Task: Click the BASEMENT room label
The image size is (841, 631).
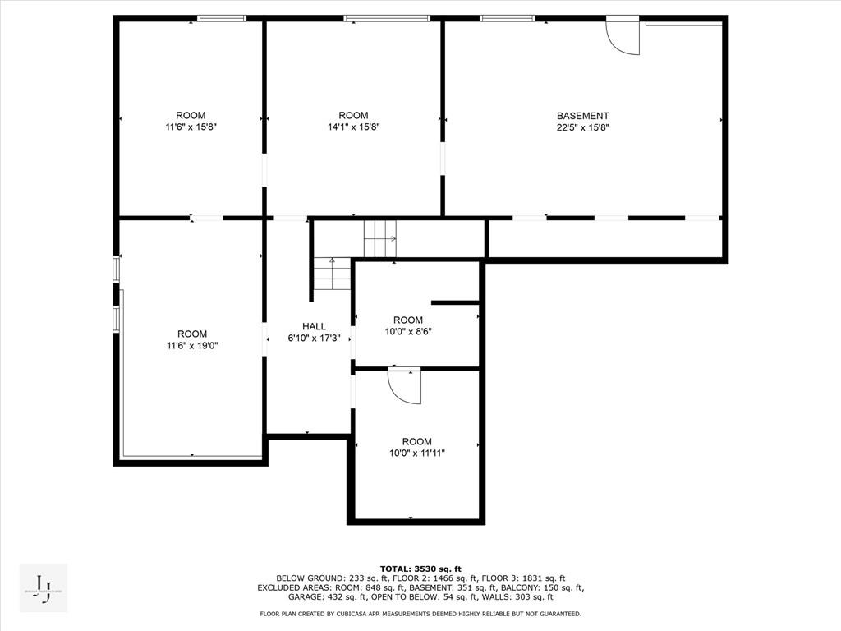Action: [x=582, y=116]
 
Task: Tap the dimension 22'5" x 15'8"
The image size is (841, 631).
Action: [x=582, y=127]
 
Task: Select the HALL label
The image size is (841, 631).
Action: [x=314, y=326]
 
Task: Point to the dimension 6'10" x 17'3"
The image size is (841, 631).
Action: [x=314, y=338]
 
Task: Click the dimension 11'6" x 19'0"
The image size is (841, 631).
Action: [x=192, y=346]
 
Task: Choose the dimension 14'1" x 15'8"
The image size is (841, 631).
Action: [x=353, y=127]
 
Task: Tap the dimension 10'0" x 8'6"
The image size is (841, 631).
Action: [x=408, y=332]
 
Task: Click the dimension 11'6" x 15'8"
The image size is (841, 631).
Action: [x=191, y=127]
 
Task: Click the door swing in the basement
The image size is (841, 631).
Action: [x=622, y=36]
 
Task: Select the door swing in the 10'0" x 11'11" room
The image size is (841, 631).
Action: [x=404, y=385]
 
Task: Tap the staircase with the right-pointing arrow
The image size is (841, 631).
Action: [x=380, y=238]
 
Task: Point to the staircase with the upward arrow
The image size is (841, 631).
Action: [x=332, y=274]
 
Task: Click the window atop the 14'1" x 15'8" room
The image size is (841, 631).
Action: [x=386, y=18]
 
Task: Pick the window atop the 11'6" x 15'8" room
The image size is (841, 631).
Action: [x=222, y=18]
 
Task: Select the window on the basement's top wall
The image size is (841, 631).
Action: [x=507, y=18]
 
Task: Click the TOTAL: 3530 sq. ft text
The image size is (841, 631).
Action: [x=420, y=569]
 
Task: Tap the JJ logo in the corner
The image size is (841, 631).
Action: [x=44, y=588]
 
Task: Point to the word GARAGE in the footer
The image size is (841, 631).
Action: [x=276, y=597]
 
